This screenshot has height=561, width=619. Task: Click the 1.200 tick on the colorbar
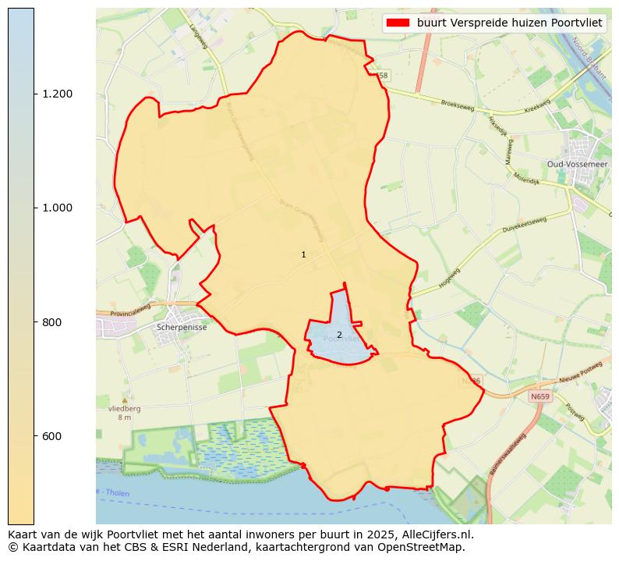point(58,94)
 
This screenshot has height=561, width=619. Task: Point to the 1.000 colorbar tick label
point(58,208)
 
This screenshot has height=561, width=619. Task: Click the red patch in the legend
point(398,23)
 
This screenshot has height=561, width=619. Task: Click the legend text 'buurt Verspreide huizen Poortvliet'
point(509,23)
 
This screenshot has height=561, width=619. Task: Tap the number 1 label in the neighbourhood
point(303,255)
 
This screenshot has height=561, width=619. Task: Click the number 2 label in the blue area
point(339,335)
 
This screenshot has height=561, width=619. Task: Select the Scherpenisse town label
point(182,328)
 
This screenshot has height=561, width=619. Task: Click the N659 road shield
point(539,397)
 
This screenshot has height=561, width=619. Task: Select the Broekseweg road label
point(457,104)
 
